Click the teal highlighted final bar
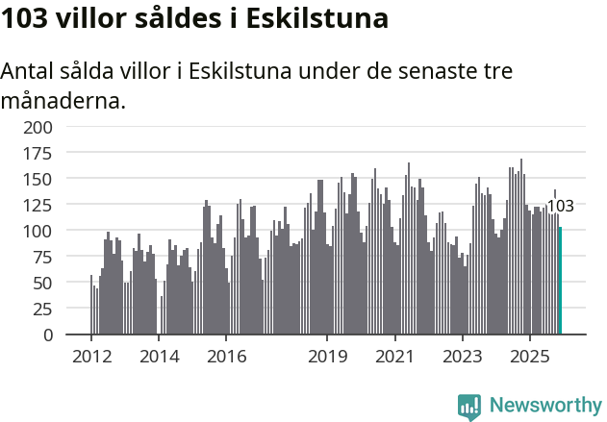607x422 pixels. (560, 281)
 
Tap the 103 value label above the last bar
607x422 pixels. (560, 206)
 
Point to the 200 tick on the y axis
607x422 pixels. (38, 127)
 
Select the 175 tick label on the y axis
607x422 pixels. (38, 153)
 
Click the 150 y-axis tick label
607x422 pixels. (38, 179)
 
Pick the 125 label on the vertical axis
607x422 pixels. (38, 205)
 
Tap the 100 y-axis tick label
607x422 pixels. (38, 232)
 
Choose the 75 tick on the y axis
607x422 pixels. (43, 258)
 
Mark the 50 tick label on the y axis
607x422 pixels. (43, 284)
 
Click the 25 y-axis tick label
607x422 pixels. (43, 310)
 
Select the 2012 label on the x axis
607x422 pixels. (91, 357)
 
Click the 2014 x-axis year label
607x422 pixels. (159, 357)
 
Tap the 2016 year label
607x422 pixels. (226, 357)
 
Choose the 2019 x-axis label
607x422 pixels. (327, 357)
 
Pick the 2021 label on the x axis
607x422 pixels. (394, 357)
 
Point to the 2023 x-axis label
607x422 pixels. (462, 357)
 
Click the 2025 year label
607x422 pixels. (529, 357)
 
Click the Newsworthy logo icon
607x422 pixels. (469, 406)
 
